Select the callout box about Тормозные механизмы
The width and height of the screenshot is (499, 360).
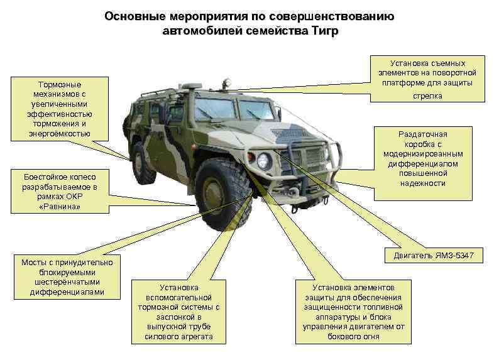coord(59,109)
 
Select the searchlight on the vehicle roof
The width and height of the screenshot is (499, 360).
coord(227,82)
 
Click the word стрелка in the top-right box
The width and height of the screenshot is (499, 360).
coord(427,96)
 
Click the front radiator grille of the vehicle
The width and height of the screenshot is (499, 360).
coord(309,157)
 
